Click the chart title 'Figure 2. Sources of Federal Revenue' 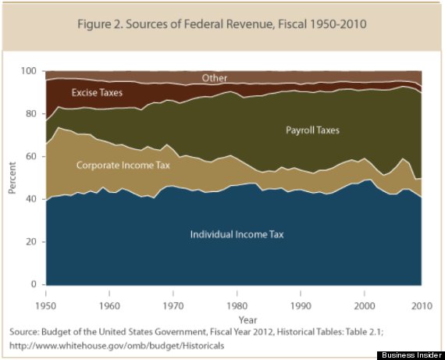(222, 23)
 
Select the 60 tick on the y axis (34, 157)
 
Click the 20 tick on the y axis (34, 242)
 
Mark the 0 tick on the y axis (36, 285)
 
